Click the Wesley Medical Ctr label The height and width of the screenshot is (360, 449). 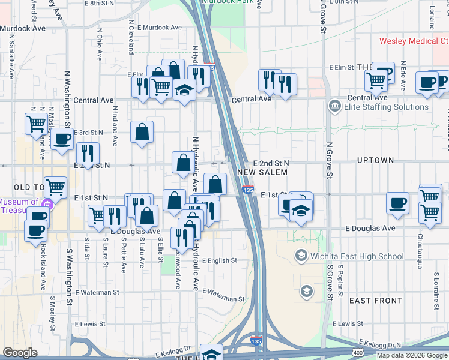coord(414,41)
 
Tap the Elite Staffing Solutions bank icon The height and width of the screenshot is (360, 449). coord(334,107)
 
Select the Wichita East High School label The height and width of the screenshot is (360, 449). coord(358,257)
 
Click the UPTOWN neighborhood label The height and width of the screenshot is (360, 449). coord(375,160)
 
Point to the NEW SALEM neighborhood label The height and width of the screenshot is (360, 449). coord(262,172)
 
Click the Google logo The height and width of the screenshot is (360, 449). coord(20,353)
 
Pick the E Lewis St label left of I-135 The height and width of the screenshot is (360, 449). coord(91,323)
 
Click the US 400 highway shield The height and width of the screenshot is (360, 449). coord(358,353)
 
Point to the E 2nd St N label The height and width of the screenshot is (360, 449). coord(271,163)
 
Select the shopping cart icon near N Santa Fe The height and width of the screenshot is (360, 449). coord(37,124)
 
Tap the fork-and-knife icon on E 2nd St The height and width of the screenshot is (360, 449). coord(88,154)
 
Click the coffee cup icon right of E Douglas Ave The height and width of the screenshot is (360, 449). coord(397,203)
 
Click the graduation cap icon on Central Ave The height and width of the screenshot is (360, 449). coord(184,90)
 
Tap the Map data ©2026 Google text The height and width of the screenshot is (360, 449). coord(412,355)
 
